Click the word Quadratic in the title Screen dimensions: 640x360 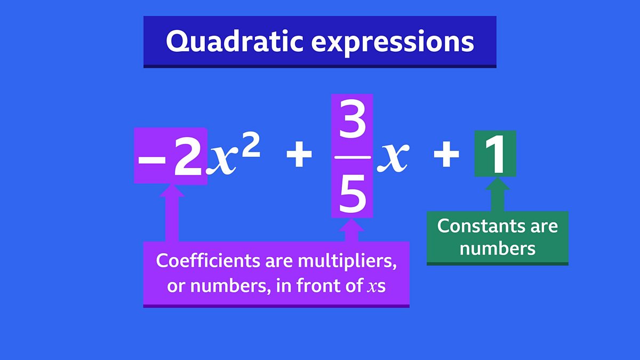(x=234, y=42)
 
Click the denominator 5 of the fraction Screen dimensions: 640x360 (x=353, y=194)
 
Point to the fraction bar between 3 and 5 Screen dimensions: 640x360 (x=353, y=157)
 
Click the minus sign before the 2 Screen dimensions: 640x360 (x=152, y=161)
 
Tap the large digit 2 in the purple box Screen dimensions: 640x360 (x=188, y=157)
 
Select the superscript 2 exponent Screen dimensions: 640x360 (x=251, y=146)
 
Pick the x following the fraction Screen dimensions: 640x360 (x=393, y=157)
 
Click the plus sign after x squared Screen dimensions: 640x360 (x=299, y=154)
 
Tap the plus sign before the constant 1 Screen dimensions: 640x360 (x=446, y=154)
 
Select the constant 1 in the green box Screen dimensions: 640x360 (x=495, y=154)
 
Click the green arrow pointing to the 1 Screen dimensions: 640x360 (x=498, y=194)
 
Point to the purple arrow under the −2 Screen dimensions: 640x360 (x=172, y=213)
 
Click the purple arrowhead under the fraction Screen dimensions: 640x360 (x=351, y=225)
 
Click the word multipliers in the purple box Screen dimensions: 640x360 (x=347, y=262)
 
